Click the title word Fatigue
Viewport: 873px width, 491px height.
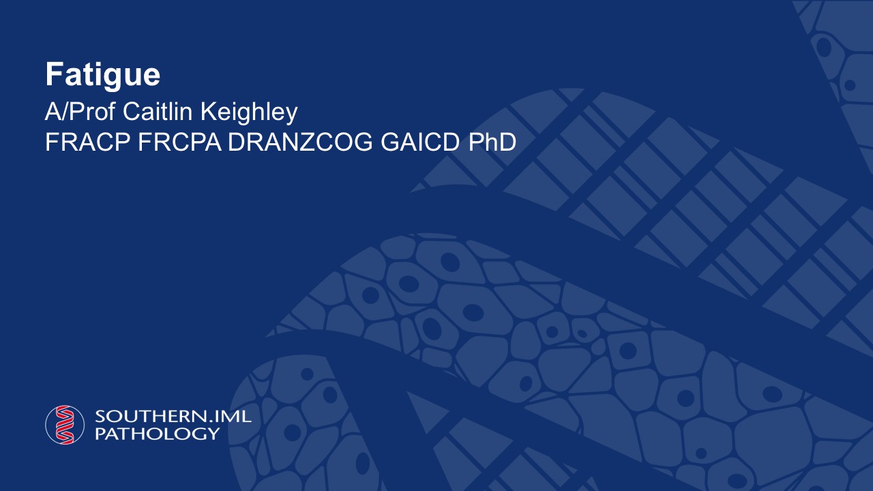103,75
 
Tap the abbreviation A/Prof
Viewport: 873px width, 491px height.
80,112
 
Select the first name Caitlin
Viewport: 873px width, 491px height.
158,112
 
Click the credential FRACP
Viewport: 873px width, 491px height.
88,142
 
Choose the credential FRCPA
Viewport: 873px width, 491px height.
179,142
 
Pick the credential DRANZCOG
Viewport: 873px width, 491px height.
301,142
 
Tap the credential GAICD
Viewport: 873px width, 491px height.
421,142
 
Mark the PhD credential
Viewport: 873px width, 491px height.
492,142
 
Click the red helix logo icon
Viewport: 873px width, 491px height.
65,425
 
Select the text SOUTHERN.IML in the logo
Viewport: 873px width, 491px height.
173,416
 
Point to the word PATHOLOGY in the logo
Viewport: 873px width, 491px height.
158,433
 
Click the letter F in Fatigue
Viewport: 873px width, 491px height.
54,74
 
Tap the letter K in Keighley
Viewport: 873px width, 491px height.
209,111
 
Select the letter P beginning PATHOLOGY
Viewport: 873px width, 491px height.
100,433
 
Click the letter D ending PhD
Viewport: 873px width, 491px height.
507,142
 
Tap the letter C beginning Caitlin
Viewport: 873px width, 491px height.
132,112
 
